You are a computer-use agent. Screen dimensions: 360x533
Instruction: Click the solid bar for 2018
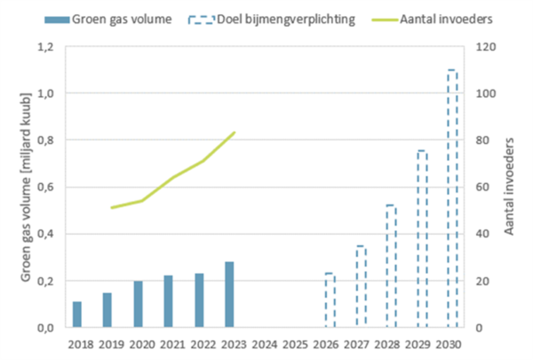coord(77,315)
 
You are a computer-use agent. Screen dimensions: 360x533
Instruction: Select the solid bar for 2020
coord(138,304)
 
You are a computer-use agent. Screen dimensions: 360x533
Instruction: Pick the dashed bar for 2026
coord(329,300)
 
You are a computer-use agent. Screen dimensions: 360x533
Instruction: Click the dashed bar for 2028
coord(390,267)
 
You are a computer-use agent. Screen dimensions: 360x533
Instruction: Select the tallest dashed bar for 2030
coord(451,199)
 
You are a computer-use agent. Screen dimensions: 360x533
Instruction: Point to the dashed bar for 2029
coord(421,239)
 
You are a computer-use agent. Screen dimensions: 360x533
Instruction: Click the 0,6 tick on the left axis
coord(46,187)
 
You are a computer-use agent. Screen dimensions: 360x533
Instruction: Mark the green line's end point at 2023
coord(234,132)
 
